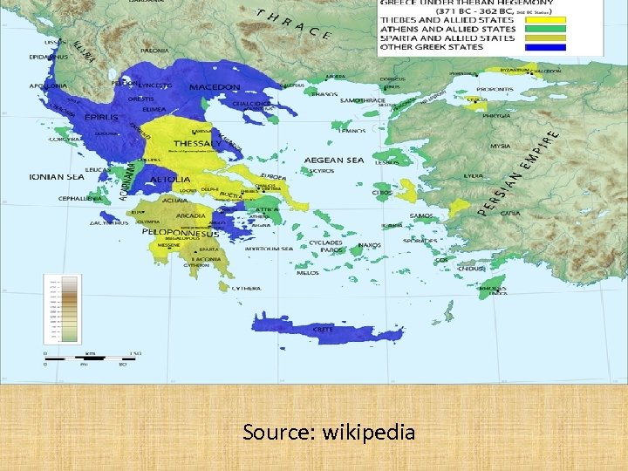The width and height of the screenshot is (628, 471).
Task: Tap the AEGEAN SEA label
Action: click(x=334, y=160)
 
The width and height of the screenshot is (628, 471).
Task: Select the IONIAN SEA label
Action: click(x=58, y=176)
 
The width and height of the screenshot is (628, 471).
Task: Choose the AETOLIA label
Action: click(x=170, y=179)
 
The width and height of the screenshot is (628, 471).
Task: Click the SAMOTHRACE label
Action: click(x=363, y=100)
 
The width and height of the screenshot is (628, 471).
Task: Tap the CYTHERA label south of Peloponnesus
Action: click(x=247, y=288)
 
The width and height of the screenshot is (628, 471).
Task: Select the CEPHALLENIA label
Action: click(x=57, y=198)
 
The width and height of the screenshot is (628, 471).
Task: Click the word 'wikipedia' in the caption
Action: click(x=368, y=432)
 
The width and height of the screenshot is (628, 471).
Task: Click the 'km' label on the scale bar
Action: click(x=90, y=352)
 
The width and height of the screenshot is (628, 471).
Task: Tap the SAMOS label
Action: click(x=420, y=215)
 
